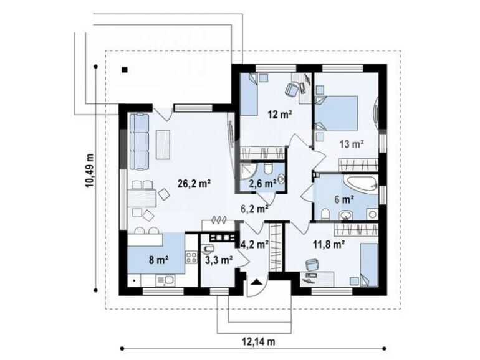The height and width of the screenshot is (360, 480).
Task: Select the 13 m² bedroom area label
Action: tap(351, 144)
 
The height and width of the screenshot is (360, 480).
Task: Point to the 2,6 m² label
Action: tap(261, 184)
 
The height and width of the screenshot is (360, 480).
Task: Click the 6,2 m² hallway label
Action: tap(254, 209)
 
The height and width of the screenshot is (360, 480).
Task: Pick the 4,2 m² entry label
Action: tap(254, 245)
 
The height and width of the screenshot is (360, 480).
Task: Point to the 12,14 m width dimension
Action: tap(258, 341)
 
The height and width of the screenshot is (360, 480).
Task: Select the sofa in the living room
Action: tap(139, 142)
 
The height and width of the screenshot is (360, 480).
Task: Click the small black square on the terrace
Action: tap(125, 70)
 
